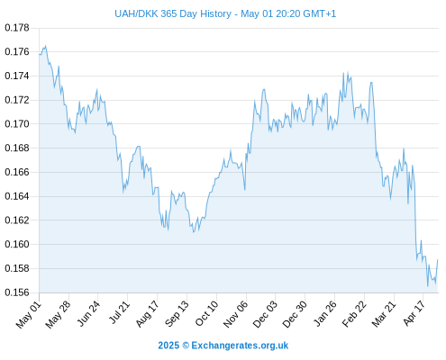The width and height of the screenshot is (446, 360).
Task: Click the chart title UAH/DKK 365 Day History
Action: (173, 13)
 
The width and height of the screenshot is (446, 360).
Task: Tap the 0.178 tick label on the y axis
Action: (17, 28)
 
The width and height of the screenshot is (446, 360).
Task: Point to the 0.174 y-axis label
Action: (17, 76)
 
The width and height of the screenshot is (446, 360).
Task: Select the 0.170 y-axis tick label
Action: (17, 124)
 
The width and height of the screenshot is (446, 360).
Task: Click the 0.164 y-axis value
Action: (17, 196)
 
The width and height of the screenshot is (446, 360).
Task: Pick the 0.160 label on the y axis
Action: (17, 244)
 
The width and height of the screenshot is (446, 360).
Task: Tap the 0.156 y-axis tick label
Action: (17, 292)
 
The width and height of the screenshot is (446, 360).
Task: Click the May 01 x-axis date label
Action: (29, 314)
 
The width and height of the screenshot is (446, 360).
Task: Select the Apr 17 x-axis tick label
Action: (414, 313)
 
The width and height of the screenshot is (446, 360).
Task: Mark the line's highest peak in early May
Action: (45, 46)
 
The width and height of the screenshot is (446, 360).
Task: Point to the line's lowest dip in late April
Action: (428, 286)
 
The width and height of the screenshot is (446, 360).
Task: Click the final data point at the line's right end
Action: (438, 260)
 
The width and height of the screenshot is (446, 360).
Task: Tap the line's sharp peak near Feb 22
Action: (371, 82)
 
